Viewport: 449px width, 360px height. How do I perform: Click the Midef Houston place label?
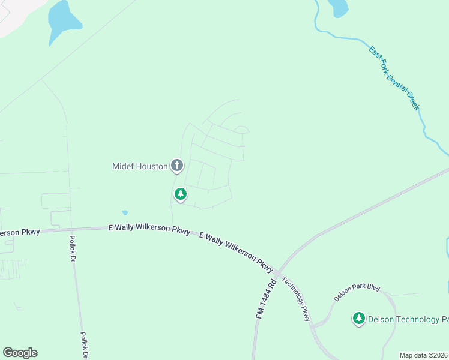tap(140, 166)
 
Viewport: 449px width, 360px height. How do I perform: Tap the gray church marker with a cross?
tap(177, 165)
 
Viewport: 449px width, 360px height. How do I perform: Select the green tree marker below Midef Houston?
tap(180, 194)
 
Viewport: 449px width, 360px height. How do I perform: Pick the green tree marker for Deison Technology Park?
tap(359, 318)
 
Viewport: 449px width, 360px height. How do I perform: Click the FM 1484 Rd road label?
tap(262, 298)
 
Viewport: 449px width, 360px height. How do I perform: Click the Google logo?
tap(20, 353)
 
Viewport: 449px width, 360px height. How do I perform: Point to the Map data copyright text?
tap(424, 355)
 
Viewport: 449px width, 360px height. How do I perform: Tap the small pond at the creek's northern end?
tap(339, 7)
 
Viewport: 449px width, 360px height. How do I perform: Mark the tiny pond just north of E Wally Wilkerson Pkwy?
tap(125, 212)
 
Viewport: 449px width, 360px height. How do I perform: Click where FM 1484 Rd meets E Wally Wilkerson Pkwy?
tap(277, 273)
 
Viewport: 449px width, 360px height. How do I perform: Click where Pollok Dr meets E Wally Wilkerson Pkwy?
tap(71, 229)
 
